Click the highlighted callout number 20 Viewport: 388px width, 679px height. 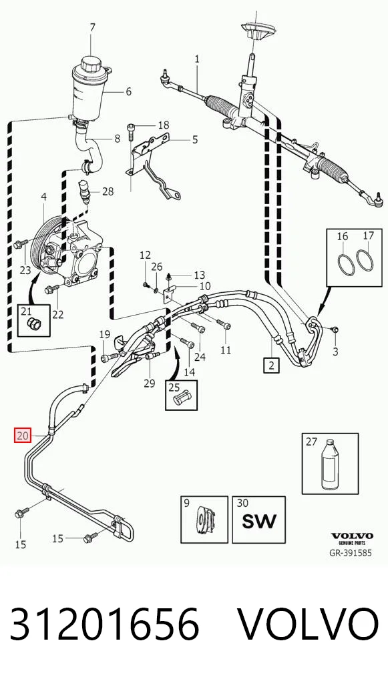[22, 435]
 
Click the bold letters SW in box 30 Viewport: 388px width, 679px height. [259, 521]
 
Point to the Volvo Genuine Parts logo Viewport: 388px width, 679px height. [352, 539]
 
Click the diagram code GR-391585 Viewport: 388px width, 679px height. [352, 553]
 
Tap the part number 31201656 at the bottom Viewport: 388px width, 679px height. [104, 624]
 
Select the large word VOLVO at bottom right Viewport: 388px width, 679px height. [308, 624]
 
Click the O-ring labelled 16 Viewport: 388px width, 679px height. [345, 264]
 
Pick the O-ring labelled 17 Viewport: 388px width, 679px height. [365, 261]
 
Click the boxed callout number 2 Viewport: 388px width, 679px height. [271, 366]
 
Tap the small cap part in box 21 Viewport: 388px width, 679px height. [33, 323]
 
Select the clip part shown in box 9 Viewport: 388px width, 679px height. [204, 520]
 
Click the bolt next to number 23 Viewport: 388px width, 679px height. [21, 245]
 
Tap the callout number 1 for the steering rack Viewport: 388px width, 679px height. [197, 59]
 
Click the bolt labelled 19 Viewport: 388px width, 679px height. [109, 358]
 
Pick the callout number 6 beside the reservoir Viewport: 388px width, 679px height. [128, 92]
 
